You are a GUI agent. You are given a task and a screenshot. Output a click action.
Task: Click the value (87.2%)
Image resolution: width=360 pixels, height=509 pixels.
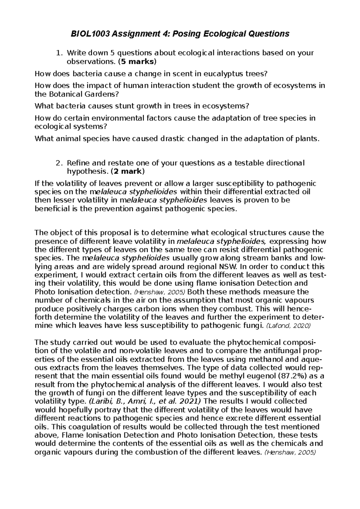click(293, 376)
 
